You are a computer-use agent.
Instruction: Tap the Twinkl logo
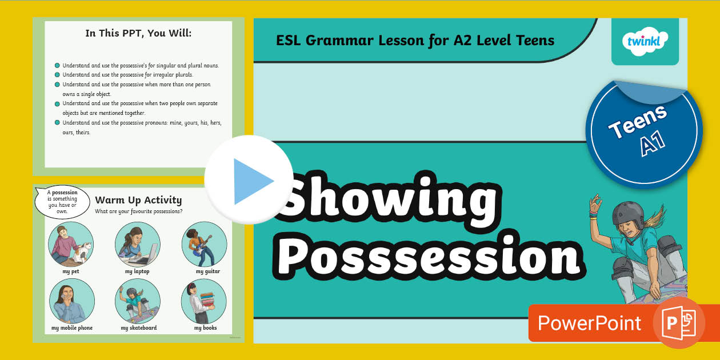pyautogui.click(x=645, y=42)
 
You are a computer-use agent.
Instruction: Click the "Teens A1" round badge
pyautogui.click(x=644, y=132)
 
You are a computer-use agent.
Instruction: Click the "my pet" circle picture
pyautogui.click(x=71, y=245)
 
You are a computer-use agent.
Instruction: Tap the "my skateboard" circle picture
pyautogui.click(x=137, y=302)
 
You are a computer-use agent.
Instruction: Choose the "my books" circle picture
pyautogui.click(x=204, y=302)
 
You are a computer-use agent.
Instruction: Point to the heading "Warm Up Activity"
pyautogui.click(x=138, y=200)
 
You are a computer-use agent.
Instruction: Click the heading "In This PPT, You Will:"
pyautogui.click(x=138, y=33)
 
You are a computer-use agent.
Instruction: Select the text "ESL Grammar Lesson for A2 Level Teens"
pyautogui.click(x=415, y=40)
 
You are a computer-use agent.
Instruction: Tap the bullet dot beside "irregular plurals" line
pyautogui.click(x=57, y=75)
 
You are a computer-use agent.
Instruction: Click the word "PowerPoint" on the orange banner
pyautogui.click(x=589, y=323)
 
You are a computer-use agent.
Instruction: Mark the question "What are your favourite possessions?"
pyautogui.click(x=139, y=212)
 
